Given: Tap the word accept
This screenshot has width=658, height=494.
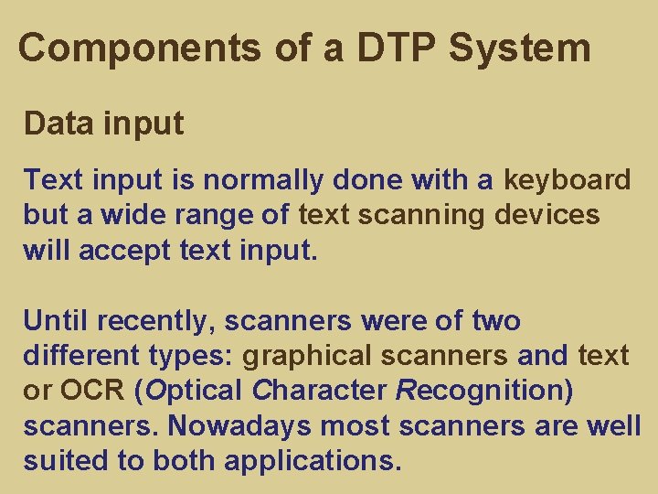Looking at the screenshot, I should click(115, 250).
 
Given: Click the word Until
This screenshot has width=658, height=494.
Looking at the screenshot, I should click(54, 320).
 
